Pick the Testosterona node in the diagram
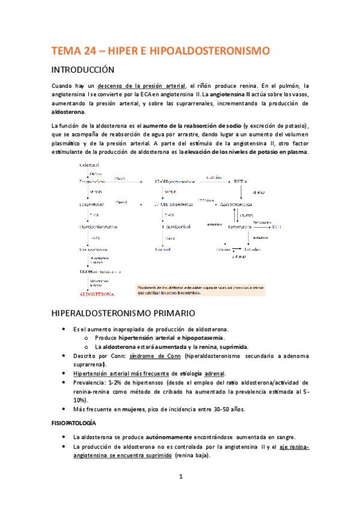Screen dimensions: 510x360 pos(241,227)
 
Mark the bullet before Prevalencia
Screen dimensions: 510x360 pos(65,383)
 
